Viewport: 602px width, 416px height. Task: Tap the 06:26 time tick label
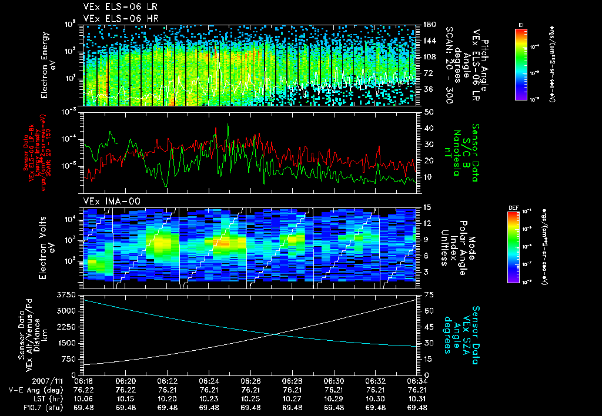point(251,381)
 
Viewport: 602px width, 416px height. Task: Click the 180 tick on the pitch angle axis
point(430,25)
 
